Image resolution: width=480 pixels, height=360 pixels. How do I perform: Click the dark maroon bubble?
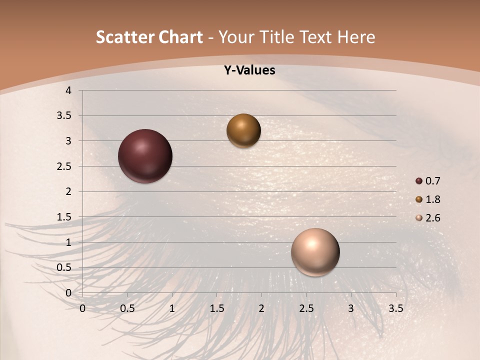[x=145, y=156]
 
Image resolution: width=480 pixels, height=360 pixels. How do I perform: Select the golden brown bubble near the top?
[x=243, y=131]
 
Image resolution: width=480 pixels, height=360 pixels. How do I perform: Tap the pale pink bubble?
[x=315, y=252]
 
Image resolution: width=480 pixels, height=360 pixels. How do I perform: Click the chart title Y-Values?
[x=249, y=70]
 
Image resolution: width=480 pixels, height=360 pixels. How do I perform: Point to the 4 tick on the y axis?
[x=68, y=90]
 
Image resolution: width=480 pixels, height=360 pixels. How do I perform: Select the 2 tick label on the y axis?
[x=68, y=191]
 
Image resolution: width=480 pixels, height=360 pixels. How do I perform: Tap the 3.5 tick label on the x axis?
[x=395, y=308]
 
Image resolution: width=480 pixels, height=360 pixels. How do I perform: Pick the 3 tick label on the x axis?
[x=351, y=308]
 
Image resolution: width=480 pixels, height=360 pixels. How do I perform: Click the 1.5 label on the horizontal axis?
[x=216, y=308]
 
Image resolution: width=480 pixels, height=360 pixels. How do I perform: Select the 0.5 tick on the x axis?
[x=127, y=308]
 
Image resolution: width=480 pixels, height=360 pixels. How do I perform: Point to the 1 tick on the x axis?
[x=172, y=308]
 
